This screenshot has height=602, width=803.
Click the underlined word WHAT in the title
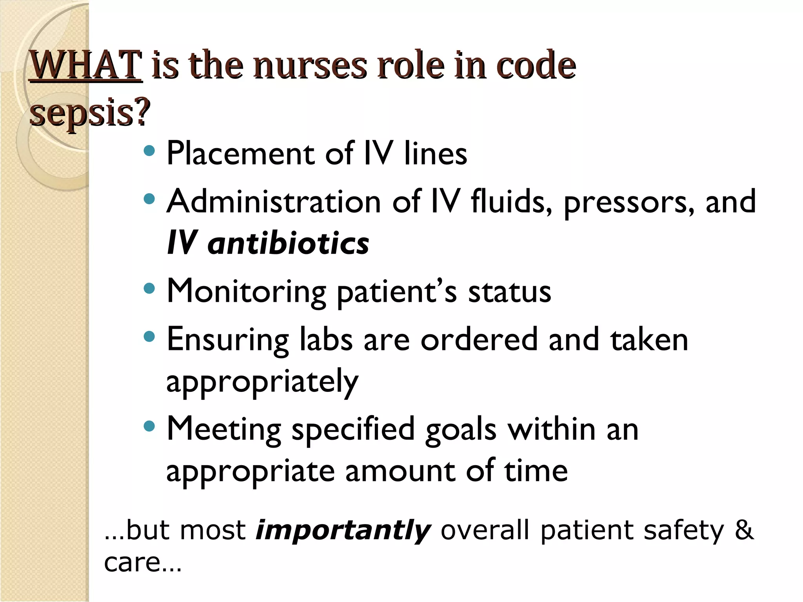pyautogui.click(x=85, y=65)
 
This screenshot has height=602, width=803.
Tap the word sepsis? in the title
pyautogui.click(x=90, y=112)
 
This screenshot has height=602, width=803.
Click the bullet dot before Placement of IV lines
pyautogui.click(x=149, y=150)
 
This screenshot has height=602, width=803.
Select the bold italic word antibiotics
pyautogui.click(x=288, y=243)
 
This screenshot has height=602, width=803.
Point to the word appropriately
pyautogui.click(x=262, y=381)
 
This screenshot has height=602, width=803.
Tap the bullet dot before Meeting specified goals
pyautogui.click(x=149, y=426)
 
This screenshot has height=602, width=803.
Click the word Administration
pyautogui.click(x=274, y=202)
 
